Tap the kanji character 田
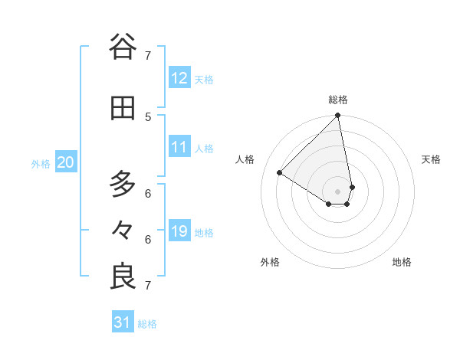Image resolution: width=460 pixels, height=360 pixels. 123,108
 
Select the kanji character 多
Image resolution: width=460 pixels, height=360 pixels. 123,185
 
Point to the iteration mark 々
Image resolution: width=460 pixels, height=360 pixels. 123,230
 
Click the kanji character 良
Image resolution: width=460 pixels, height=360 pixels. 123,277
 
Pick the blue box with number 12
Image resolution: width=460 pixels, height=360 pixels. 179,78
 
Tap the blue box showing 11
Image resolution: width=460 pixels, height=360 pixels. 179,147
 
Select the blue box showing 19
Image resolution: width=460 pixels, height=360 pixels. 179,231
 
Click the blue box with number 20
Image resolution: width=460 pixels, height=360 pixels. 66,162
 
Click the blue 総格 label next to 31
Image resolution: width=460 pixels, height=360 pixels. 147,324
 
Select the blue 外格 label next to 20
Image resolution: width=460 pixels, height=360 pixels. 41,163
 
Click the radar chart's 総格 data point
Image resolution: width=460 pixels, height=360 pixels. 338,116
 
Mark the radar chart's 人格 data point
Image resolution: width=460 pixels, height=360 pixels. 280,173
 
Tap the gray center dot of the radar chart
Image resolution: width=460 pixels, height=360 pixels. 338,191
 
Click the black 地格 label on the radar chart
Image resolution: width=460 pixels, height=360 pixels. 402,262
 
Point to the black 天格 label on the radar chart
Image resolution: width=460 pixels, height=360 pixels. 431,159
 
